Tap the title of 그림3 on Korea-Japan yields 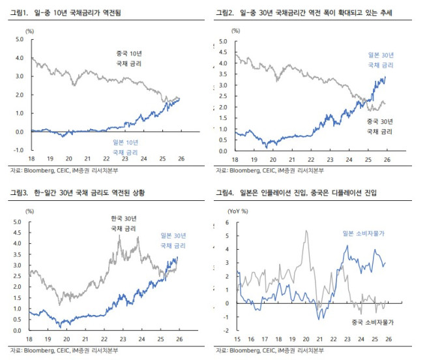pos(80,193)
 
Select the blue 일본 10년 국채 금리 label pos(124,147)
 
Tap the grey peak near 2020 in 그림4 pos(306,231)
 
